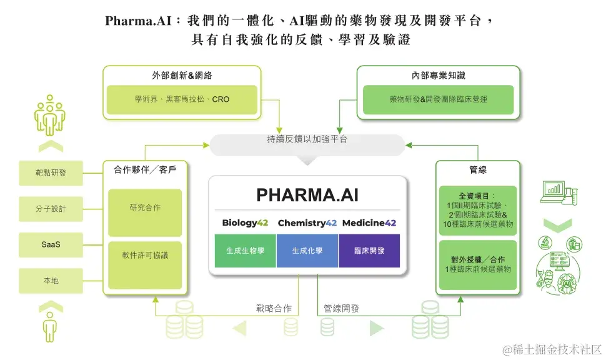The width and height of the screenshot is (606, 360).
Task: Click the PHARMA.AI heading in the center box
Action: coord(307,196)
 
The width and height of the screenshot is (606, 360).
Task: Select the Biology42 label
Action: coord(245,223)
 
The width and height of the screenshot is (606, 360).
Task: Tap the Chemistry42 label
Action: coord(307,223)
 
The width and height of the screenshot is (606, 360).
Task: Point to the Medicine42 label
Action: coord(369,223)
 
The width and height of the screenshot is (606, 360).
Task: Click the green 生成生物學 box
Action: coord(245,251)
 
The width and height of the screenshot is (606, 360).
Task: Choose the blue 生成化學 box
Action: coord(307,251)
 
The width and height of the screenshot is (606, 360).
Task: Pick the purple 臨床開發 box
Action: coord(369,251)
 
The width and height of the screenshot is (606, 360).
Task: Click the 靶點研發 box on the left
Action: coord(51,173)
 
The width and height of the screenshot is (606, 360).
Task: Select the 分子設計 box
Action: coord(51,209)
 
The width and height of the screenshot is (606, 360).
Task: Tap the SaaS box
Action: coord(51,244)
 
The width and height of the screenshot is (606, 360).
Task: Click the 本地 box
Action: coord(51,281)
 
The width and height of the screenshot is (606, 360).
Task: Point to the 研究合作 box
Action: coord(145,213)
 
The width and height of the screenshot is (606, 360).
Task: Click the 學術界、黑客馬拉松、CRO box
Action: coord(182,100)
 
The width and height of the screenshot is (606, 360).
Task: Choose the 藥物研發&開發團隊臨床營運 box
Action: coord(438,100)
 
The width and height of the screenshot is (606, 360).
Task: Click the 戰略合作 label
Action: coord(273,309)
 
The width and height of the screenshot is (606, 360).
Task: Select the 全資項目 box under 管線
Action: coord(478,211)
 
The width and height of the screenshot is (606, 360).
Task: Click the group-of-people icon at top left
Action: coord(51,114)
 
